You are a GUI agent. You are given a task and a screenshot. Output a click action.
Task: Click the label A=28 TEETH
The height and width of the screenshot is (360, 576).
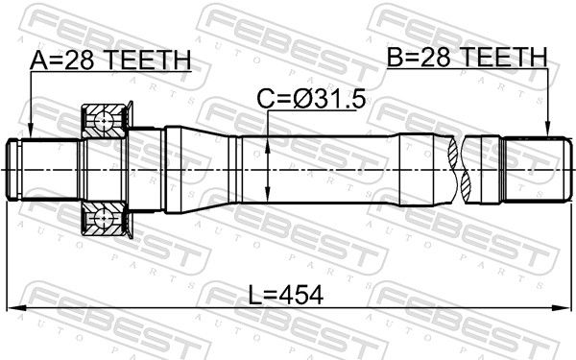pos(110,60)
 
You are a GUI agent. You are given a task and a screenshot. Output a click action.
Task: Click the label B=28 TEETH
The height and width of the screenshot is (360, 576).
pos(468,57)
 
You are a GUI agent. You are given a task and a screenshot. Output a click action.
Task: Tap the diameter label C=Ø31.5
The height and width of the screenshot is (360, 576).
pos(311,99)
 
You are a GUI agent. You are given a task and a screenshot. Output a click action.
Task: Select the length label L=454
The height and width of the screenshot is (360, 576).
pos(286,295)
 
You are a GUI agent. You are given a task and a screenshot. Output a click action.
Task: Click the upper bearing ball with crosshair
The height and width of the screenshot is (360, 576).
pos(104,120)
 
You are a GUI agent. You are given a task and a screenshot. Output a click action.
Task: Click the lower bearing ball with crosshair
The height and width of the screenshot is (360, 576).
pos(104,218)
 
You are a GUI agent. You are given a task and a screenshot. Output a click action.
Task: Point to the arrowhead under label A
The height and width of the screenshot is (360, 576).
pos(31,132)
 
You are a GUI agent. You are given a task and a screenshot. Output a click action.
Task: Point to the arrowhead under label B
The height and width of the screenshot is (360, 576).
pos(547,131)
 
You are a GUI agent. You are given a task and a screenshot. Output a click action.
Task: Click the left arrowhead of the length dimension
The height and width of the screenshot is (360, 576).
pos(14,309)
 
